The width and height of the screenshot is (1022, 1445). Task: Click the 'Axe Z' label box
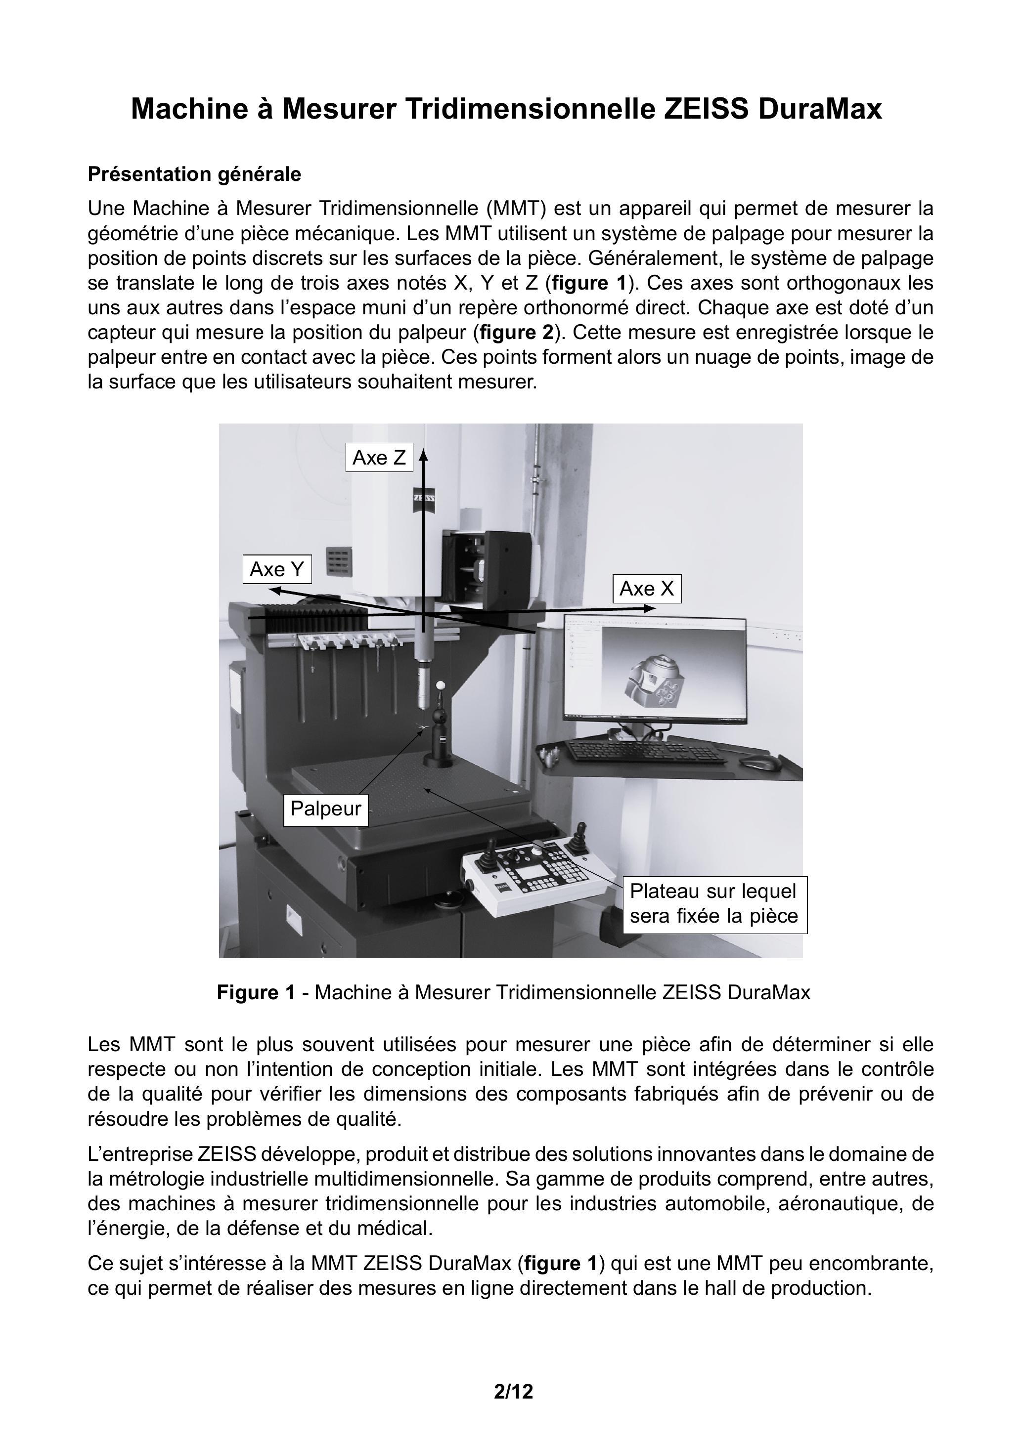(379, 458)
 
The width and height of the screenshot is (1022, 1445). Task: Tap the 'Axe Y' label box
(277, 570)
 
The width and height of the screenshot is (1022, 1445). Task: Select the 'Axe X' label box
(647, 589)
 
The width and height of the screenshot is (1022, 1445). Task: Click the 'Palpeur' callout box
(325, 808)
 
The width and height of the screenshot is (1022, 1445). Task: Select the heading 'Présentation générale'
(195, 173)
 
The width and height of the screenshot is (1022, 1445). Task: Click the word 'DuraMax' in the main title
(820, 109)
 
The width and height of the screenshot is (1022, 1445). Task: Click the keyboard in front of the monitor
(642, 751)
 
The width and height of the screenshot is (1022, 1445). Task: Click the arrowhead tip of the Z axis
(424, 451)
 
